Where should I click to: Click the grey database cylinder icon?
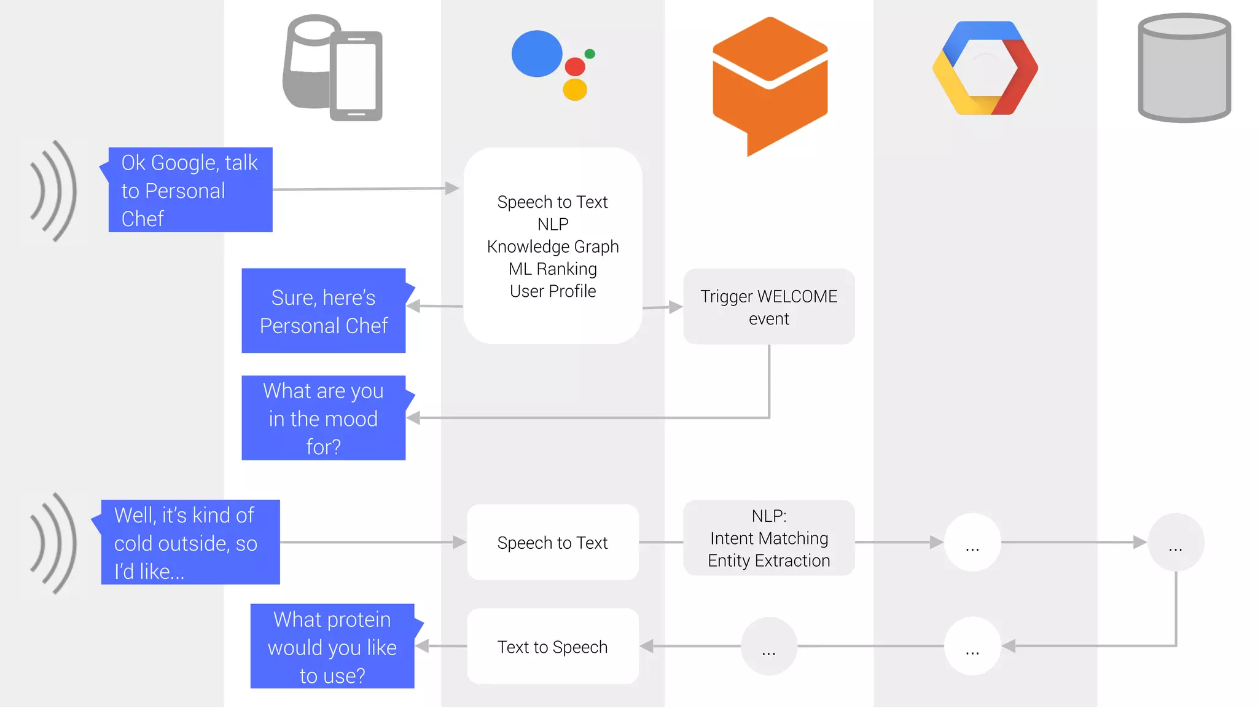[1184, 68]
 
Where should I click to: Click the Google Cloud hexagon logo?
[985, 68]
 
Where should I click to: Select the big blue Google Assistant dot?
[537, 54]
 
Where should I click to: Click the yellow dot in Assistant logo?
[575, 90]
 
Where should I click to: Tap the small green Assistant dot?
[590, 54]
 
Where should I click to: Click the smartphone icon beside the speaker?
[356, 76]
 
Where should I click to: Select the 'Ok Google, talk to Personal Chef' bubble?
[190, 190]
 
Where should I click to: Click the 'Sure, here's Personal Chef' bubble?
[324, 311]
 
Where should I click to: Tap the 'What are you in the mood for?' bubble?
[324, 419]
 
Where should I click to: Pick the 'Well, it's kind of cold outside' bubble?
[190, 543]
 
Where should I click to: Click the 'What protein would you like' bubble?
[332, 647]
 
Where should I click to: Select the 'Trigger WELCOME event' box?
[768, 307]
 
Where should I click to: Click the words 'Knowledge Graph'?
[553, 246]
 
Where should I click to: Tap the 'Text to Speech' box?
[553, 647]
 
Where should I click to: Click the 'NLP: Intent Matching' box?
[768, 538]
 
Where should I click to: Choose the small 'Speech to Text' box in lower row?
[553, 543]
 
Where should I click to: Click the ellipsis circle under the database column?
[1176, 543]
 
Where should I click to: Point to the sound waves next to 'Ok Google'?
[54, 191]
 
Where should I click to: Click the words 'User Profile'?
[553, 291]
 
